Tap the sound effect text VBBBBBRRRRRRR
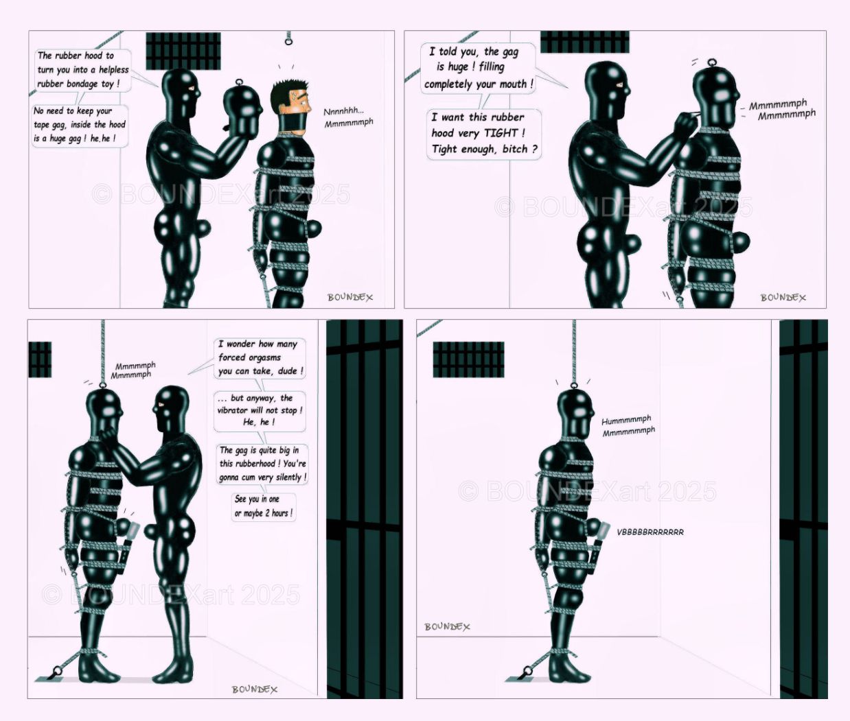click(650, 532)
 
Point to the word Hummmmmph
click(626, 421)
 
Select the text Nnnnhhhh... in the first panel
click(343, 111)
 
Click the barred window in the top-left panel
click(183, 51)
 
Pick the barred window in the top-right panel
click(584, 42)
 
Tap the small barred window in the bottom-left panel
click(40, 359)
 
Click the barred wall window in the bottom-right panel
click(468, 359)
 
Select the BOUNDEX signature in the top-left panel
click(350, 297)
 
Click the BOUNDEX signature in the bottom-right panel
click(447, 626)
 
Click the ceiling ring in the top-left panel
click(288, 41)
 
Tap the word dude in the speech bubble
click(290, 371)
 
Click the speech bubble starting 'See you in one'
click(263, 507)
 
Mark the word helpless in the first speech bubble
click(113, 69)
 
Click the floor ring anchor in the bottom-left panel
click(57, 670)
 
